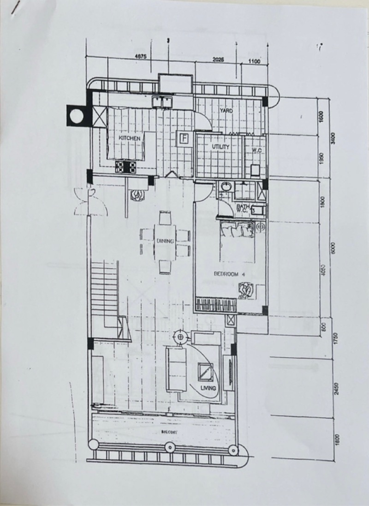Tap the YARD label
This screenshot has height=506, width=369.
point(226,111)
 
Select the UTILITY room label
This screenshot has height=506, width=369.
point(220,146)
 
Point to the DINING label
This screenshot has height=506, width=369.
point(165,241)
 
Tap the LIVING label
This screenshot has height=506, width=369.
point(208,388)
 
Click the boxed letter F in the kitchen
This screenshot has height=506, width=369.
point(184,138)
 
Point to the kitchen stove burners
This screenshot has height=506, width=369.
point(125,167)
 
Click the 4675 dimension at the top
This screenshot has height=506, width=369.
point(140,56)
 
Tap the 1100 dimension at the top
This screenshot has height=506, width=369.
point(254,60)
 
